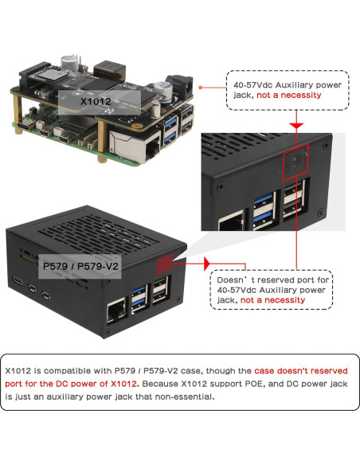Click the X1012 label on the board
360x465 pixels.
click(97, 102)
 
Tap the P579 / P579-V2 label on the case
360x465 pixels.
click(80, 265)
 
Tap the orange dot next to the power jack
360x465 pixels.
click(201, 88)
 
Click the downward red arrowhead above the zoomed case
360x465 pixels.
click(295, 126)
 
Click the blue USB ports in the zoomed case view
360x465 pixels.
click(263, 209)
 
